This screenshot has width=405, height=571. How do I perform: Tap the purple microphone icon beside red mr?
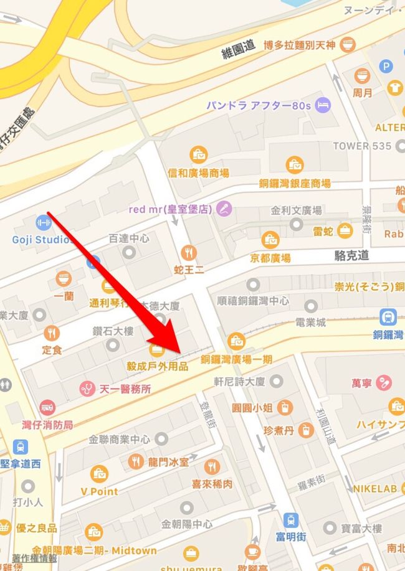coord(223,209)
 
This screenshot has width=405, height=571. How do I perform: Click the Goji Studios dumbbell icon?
coord(42,222)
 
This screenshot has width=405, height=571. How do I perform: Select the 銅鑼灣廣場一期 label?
coord(236,359)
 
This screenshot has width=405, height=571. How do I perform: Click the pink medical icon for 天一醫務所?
coord(87,389)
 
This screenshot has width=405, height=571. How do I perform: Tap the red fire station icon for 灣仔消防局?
coord(47,408)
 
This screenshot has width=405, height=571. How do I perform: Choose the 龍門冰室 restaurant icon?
coord(136,461)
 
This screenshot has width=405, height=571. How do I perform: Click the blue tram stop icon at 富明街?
coord(290,519)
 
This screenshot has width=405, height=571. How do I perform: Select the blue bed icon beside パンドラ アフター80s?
coord(322,105)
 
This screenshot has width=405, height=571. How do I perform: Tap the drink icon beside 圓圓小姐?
coord(285,408)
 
